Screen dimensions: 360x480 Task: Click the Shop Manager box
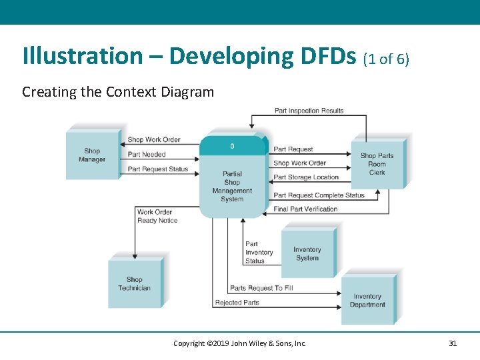click(x=92, y=155)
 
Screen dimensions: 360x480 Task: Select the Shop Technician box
click(x=134, y=284)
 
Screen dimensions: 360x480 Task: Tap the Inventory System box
click(x=307, y=254)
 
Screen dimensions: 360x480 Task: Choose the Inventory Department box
click(x=367, y=301)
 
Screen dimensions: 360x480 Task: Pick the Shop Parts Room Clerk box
click(x=377, y=164)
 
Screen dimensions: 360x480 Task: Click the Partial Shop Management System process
click(x=232, y=181)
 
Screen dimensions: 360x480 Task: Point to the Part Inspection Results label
click(x=309, y=111)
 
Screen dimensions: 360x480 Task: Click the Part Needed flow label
click(x=147, y=155)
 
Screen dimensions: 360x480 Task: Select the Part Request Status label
click(x=158, y=169)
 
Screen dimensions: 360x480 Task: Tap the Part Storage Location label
click(x=306, y=177)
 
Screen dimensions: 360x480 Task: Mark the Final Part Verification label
click(x=305, y=209)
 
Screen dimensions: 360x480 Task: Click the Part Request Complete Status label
click(x=319, y=195)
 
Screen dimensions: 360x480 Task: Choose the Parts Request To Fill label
click(x=261, y=288)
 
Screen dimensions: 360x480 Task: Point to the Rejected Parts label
click(x=237, y=303)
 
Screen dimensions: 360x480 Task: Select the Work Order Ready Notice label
click(x=157, y=217)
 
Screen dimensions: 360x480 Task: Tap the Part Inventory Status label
click(x=259, y=253)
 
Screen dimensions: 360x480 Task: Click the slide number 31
click(x=453, y=343)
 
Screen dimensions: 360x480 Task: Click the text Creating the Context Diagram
click(x=118, y=92)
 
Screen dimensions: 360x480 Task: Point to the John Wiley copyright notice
click(x=239, y=343)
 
